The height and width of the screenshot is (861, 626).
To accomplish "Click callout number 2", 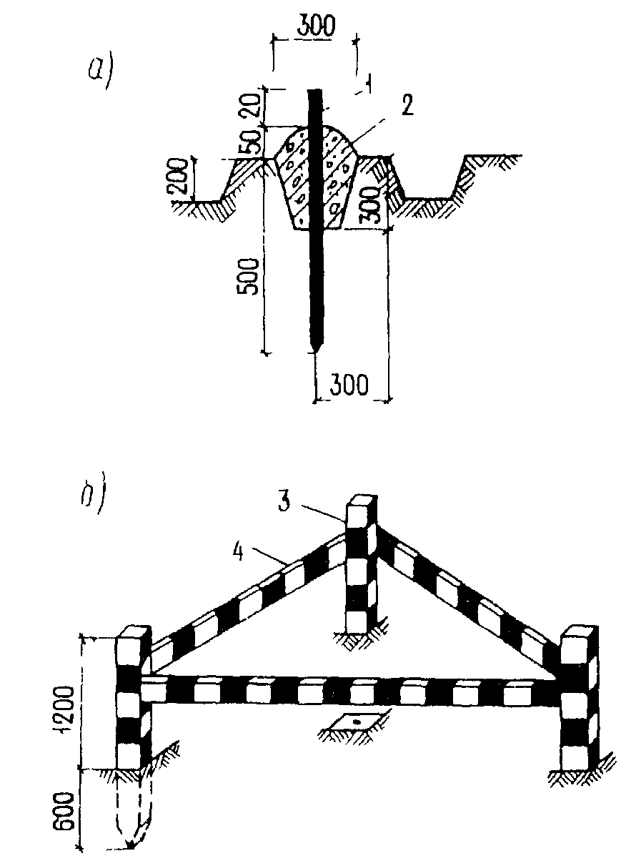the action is tap(407, 107).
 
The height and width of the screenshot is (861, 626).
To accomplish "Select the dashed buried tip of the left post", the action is tap(133, 830).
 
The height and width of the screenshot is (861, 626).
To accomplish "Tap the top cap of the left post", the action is tap(132, 635).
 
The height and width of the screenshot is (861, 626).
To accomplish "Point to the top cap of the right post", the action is tap(577, 636).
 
